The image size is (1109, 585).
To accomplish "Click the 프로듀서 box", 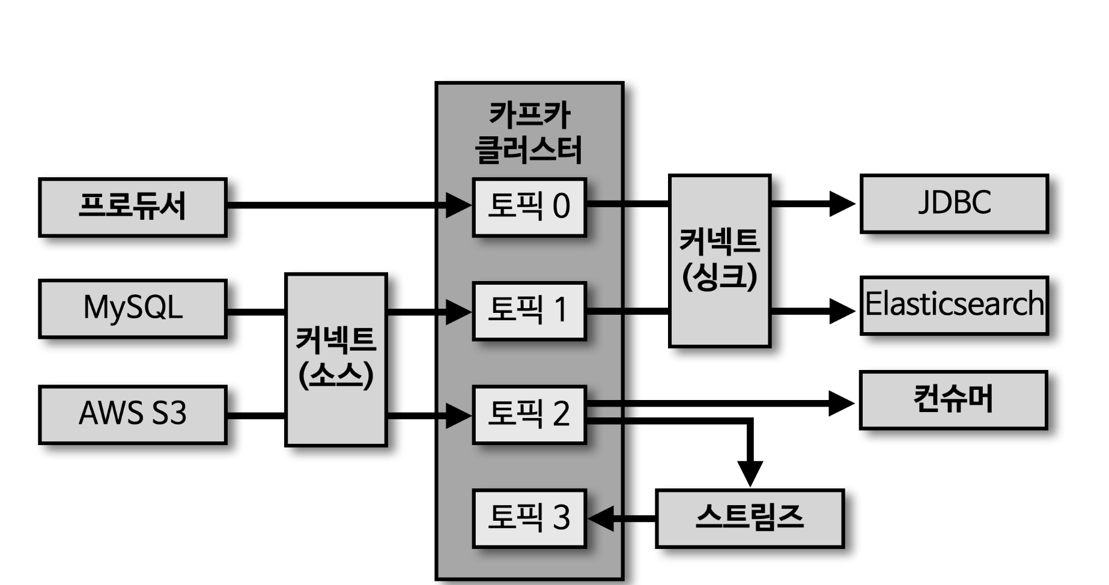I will click(132, 207).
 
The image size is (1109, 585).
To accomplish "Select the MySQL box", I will click(132, 309).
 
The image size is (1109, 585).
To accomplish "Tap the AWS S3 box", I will click(132, 414).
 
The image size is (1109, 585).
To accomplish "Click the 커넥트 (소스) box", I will click(336, 359).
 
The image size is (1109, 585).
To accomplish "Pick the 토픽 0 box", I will click(529, 207).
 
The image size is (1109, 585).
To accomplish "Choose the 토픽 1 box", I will click(529, 311).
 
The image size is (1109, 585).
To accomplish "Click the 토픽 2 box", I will click(529, 414).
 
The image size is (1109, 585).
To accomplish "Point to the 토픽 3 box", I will click(529, 518).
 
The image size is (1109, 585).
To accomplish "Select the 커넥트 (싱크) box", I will click(719, 261).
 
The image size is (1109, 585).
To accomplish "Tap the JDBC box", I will click(953, 204).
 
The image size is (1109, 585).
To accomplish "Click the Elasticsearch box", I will click(953, 305).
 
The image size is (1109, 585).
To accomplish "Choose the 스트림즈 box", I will click(749, 518).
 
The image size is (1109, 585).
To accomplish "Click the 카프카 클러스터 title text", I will click(529, 132).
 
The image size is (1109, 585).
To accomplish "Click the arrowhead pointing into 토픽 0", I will click(459, 205).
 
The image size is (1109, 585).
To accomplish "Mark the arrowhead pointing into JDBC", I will click(842, 204).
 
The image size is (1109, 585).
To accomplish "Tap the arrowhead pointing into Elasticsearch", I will click(842, 311).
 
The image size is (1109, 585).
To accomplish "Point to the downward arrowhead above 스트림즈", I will click(750, 473).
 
